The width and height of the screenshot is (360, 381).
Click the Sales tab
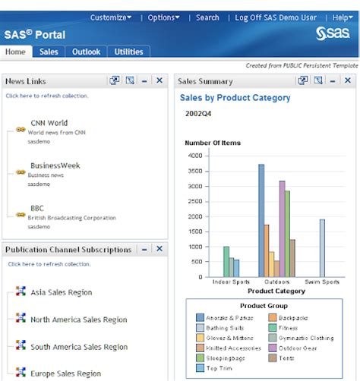click(x=49, y=52)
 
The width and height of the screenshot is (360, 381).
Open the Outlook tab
click(x=86, y=52)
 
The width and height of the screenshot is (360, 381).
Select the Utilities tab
click(x=129, y=52)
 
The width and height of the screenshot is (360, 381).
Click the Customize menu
click(x=110, y=17)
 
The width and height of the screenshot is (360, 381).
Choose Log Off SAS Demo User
click(x=275, y=17)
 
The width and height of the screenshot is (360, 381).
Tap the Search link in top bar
click(x=207, y=17)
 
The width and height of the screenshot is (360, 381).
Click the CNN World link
click(x=49, y=123)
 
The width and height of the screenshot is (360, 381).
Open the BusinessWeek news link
click(x=55, y=165)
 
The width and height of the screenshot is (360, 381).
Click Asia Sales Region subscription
click(x=62, y=292)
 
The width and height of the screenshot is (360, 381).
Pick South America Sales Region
click(x=79, y=347)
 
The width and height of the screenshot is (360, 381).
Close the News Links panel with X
click(x=159, y=80)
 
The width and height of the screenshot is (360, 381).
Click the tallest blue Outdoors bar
click(x=261, y=220)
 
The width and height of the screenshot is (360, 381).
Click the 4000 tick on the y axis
click(x=194, y=156)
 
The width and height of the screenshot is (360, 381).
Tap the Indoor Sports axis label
click(x=229, y=282)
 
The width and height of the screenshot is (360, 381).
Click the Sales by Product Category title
click(x=235, y=98)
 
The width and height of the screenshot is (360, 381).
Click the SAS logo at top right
click(x=332, y=33)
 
